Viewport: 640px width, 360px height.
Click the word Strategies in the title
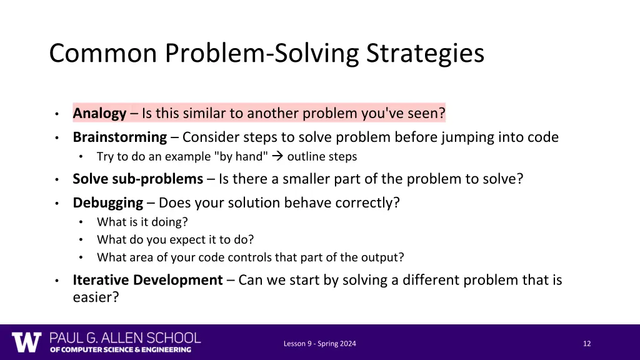[x=425, y=53]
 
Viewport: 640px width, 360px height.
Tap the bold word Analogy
[x=99, y=113]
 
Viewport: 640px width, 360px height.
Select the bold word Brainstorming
[x=119, y=137]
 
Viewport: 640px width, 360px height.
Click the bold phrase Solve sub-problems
[x=137, y=179]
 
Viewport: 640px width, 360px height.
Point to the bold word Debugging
[x=107, y=202]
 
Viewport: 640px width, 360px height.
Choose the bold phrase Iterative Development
[x=147, y=280]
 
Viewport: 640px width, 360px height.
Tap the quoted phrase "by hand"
[x=243, y=156]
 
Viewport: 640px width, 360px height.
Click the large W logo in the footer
[x=26, y=342]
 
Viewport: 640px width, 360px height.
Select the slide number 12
[x=586, y=343]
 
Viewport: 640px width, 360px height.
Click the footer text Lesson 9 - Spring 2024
[x=319, y=343]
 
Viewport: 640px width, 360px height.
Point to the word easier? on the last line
[x=96, y=297]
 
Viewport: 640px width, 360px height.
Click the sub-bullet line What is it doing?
[x=142, y=222]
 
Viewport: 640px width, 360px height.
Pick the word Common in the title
[x=103, y=53]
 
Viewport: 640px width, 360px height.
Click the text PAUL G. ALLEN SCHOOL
[x=125, y=337]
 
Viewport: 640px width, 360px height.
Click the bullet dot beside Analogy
[x=56, y=114]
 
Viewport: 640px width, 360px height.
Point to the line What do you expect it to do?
[x=175, y=239]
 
